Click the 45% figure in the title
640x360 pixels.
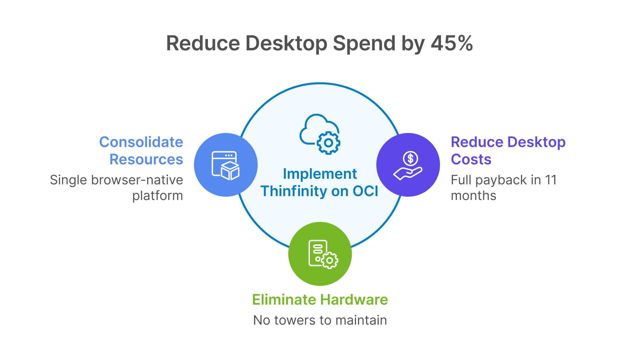452,43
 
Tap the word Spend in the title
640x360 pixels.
364,43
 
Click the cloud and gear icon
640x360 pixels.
320,134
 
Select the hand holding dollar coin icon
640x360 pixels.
408,165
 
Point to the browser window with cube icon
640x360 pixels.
226,165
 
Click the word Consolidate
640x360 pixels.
141,142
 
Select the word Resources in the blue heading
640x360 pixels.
146,160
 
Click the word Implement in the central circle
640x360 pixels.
320,174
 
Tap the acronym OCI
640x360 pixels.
365,191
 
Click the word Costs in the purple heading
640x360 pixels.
471,160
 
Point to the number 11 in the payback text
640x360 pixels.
551,180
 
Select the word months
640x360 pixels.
473,196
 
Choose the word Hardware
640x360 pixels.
354,300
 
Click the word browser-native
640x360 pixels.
137,180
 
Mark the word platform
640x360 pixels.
157,196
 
